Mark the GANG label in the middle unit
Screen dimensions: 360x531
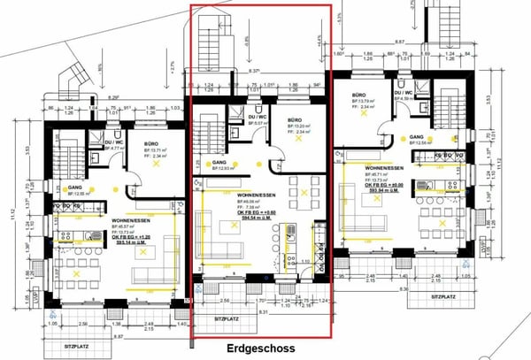click(x=218, y=163)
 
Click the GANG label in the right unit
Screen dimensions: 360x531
click(x=414, y=137)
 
